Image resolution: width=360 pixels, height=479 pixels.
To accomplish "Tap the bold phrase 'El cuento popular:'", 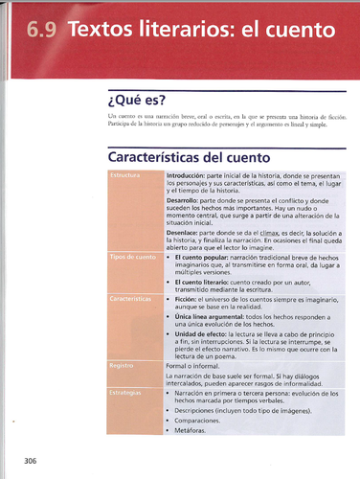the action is point(204,259).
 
